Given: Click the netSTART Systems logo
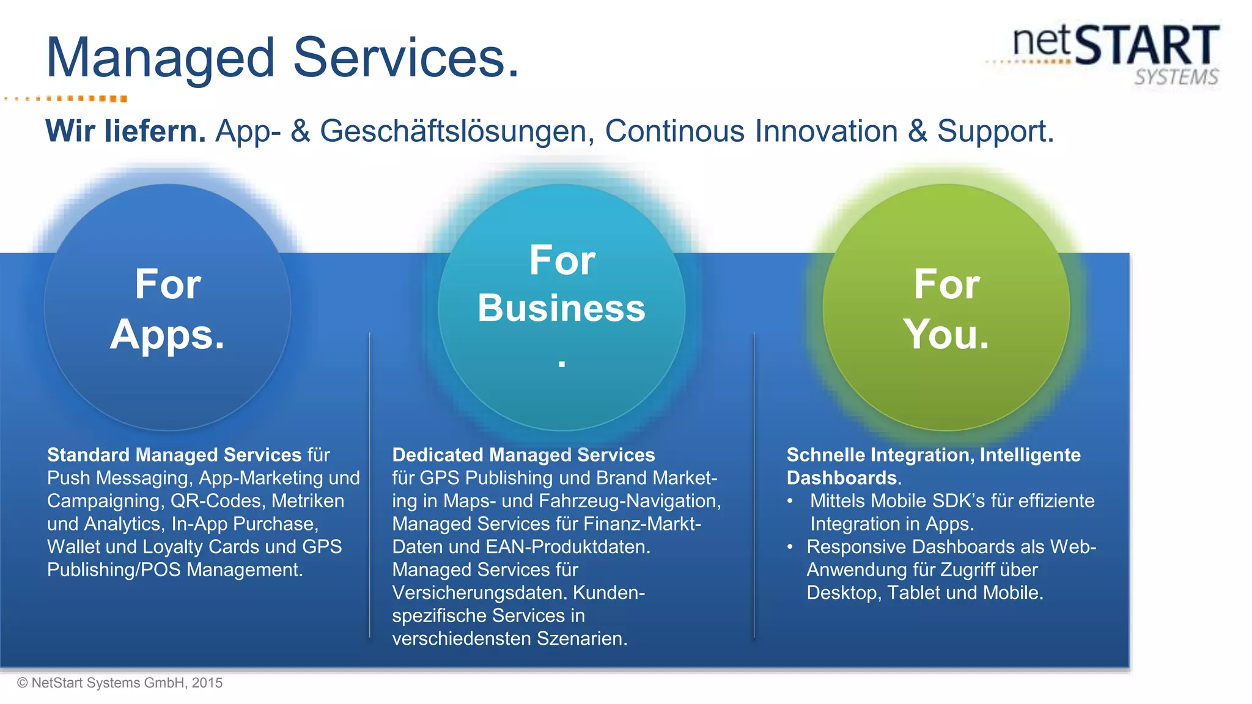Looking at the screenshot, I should tap(1116, 54).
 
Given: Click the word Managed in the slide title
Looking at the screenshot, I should tap(160, 58).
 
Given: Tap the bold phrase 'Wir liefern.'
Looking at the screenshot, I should tap(125, 131).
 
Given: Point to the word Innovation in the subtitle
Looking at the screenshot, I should tap(827, 131).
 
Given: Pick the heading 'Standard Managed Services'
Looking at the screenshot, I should tap(174, 455).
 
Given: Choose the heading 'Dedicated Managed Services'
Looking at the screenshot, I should tap(523, 455).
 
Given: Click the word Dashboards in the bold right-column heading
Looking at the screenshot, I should tap(842, 478).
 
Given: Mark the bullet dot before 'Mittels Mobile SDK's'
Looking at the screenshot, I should tap(790, 501).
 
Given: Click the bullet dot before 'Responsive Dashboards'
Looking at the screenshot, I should tap(790, 547).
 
